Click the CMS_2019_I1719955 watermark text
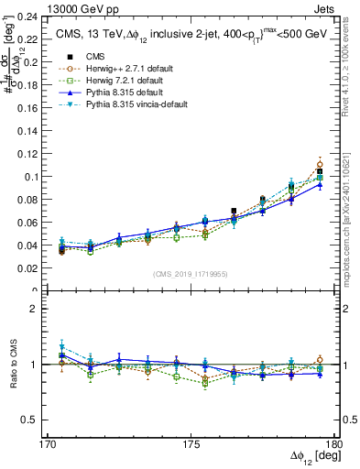click(191, 274)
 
